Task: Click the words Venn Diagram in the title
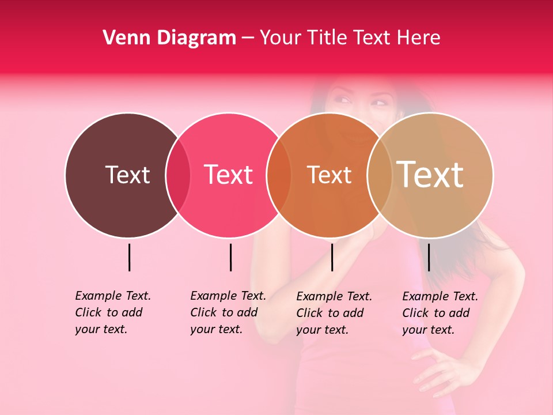click(169, 38)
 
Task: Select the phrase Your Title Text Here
click(350, 38)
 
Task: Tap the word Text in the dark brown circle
click(127, 175)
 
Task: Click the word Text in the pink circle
click(229, 175)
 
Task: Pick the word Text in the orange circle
click(329, 175)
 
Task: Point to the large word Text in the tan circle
click(430, 174)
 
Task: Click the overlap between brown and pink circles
click(178, 175)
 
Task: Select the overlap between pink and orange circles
click(279, 175)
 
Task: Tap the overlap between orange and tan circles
click(380, 175)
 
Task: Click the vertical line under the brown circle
click(129, 257)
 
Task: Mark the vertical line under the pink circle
click(230, 257)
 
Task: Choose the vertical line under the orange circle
click(332, 257)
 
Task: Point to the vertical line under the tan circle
click(429, 257)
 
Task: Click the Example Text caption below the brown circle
click(112, 312)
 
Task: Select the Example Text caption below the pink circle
click(228, 312)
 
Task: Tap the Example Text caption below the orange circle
click(334, 313)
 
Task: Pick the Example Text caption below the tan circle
click(440, 313)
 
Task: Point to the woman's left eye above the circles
click(379, 103)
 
